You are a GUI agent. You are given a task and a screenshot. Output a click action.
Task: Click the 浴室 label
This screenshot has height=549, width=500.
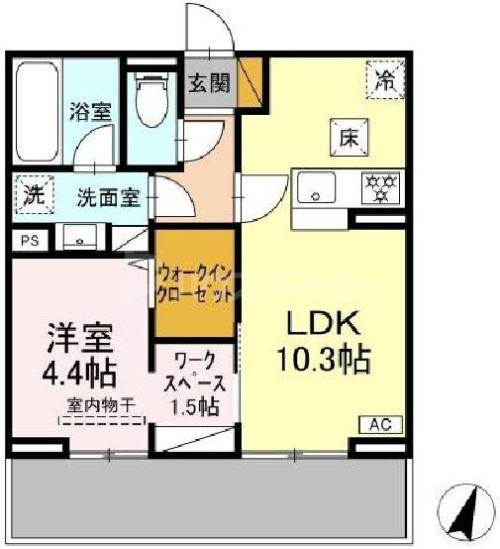89,111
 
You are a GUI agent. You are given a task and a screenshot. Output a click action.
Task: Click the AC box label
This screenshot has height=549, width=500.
380,424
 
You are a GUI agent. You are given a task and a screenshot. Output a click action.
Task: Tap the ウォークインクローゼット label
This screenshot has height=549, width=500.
195,283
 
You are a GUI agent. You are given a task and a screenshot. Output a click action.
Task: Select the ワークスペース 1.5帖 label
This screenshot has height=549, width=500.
196,383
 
